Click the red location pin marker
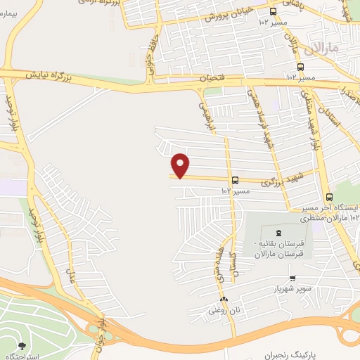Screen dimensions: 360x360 point(181,165)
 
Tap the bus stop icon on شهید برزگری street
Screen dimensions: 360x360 point(234,179)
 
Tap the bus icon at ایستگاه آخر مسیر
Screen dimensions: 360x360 point(330,197)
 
